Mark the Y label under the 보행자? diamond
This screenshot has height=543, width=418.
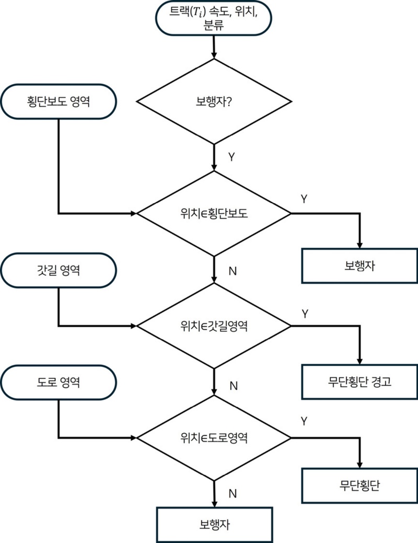(x=231, y=157)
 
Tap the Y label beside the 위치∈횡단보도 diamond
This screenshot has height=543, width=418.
(x=304, y=199)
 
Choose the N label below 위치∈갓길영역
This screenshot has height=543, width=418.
(x=234, y=386)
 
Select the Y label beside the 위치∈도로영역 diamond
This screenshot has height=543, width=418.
(x=304, y=420)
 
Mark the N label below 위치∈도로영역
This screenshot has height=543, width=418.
(x=234, y=493)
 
